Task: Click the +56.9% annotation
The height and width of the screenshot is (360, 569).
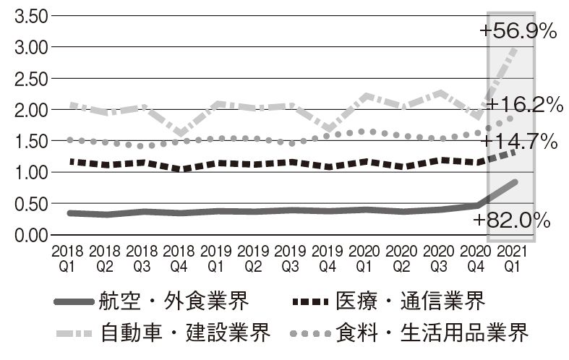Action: (x=517, y=31)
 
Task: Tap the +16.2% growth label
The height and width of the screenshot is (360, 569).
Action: (x=524, y=105)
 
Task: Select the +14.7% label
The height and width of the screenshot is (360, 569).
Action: (x=518, y=141)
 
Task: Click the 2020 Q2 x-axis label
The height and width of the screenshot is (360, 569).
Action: (x=403, y=257)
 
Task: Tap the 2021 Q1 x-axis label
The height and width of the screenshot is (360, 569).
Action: (x=515, y=257)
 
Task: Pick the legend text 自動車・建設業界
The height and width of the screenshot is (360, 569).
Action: (x=187, y=334)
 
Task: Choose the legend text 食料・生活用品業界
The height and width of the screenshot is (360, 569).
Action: (x=432, y=334)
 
